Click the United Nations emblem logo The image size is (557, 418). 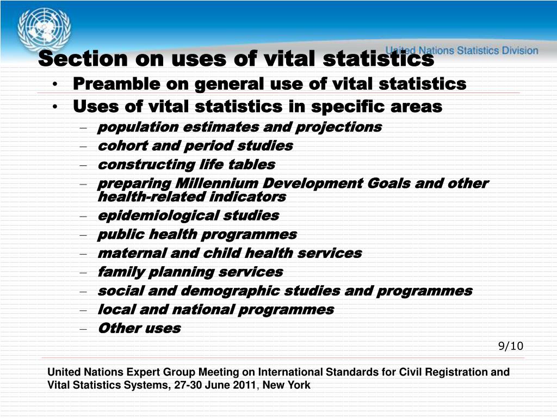pos(44,29)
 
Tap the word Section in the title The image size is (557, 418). pos(83,58)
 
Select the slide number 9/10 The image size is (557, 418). pos(510,346)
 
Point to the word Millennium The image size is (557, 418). pos(216,183)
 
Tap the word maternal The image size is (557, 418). pos(132,253)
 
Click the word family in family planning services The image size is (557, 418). pos(120,272)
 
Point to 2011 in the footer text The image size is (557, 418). pos(244,385)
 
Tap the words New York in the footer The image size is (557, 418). pos(286,385)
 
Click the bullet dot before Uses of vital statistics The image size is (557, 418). pos(55,107)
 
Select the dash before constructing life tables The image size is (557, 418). pos(83,165)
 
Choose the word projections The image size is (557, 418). pos(338,127)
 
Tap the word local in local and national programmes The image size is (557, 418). pos(116,310)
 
